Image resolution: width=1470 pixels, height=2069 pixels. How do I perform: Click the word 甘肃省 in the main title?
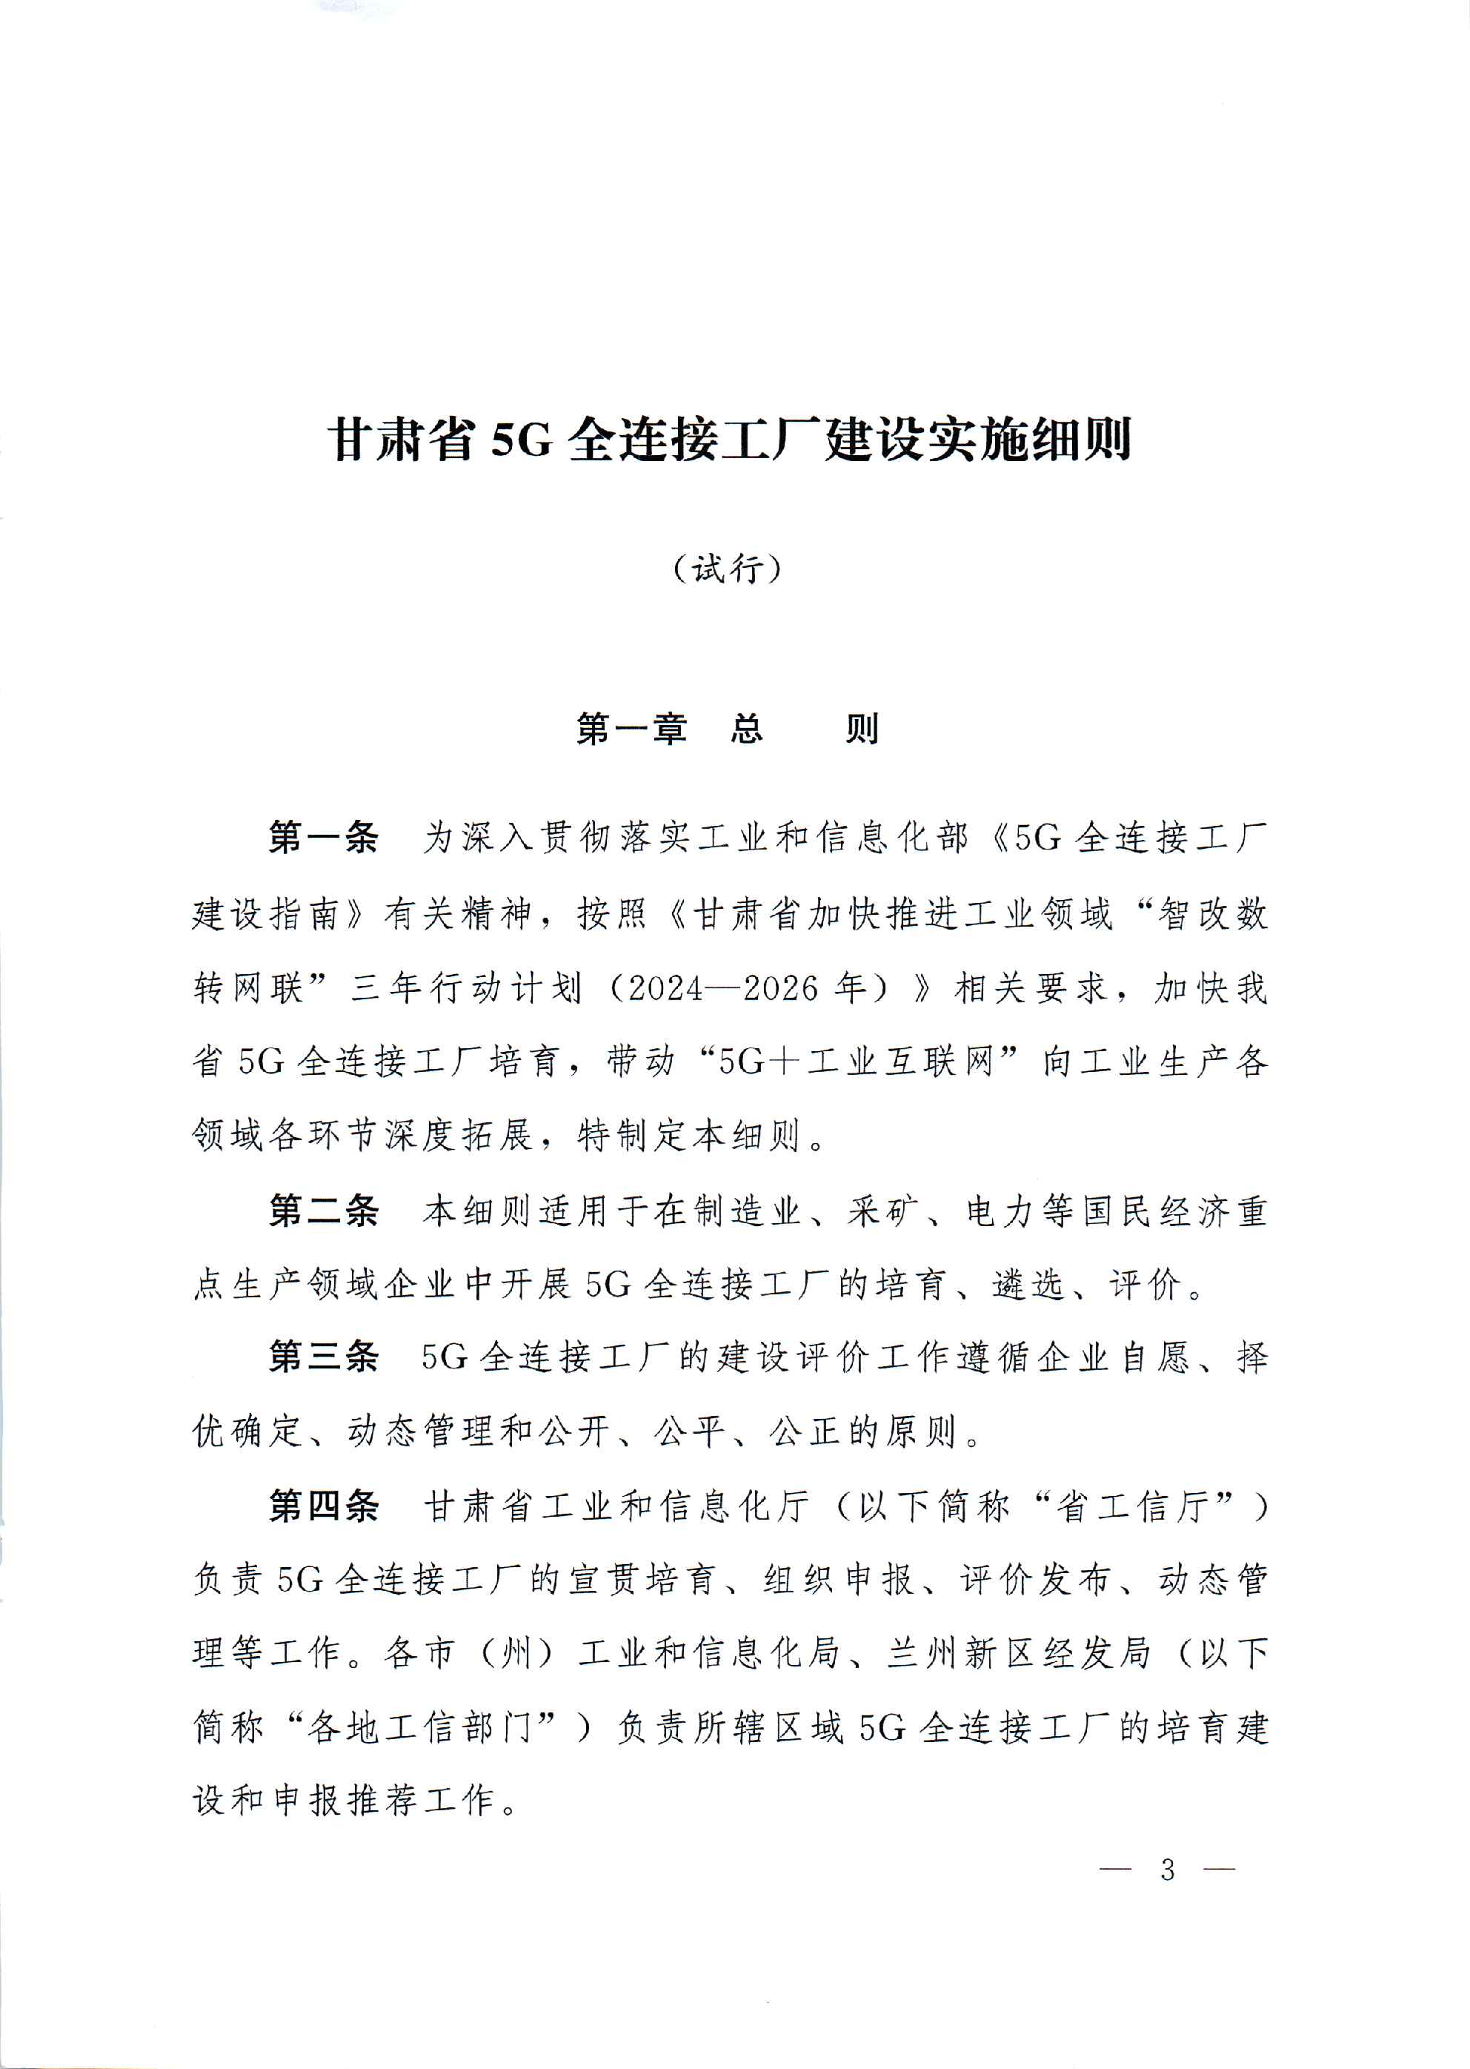[x=401, y=441]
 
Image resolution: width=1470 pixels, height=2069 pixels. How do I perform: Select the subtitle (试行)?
[x=727, y=569]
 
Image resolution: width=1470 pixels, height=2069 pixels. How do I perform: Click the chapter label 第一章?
[x=632, y=729]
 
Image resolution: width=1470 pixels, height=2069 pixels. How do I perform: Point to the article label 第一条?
[x=323, y=838]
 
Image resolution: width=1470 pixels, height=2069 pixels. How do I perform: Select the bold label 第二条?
[x=323, y=1211]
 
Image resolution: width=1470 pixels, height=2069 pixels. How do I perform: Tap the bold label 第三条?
[x=323, y=1357]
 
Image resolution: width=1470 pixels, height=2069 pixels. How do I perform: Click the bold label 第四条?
[x=323, y=1506]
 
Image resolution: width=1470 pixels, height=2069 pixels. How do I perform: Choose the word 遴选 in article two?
[x=1028, y=1285]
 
